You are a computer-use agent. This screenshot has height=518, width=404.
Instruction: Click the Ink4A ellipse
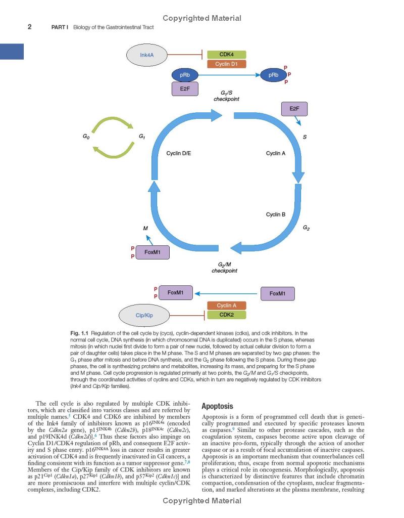point(147,55)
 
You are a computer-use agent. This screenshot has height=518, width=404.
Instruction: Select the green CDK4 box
point(227,55)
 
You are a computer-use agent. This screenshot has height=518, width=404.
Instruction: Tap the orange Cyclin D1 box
point(227,64)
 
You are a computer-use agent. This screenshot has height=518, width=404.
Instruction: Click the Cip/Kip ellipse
point(144,315)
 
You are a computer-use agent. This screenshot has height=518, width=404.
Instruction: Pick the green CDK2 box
point(227,315)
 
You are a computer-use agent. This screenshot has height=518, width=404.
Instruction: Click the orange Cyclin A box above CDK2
point(227,306)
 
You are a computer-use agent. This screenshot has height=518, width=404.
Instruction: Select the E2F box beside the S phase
point(294,109)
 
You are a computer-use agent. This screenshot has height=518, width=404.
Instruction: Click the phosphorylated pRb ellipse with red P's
point(273,75)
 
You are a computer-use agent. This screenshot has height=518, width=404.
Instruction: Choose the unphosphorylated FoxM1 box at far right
point(277,293)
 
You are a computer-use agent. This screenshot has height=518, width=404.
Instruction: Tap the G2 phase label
point(307,228)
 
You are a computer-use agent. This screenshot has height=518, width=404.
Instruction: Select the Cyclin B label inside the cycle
point(276,214)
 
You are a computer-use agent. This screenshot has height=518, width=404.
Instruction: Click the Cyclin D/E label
point(179,153)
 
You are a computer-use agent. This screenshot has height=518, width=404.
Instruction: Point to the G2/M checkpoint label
point(224,267)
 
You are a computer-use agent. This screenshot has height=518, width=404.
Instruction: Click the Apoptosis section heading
point(217,406)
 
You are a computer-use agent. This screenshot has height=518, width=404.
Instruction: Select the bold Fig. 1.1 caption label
point(80,333)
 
